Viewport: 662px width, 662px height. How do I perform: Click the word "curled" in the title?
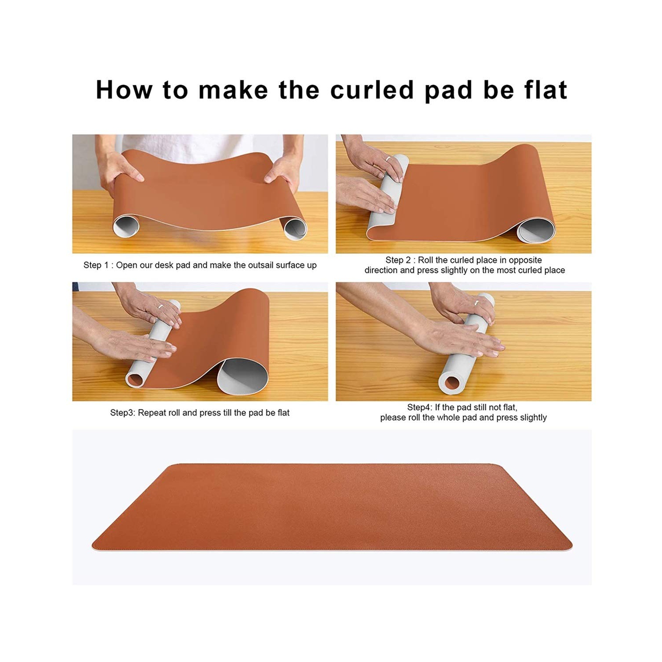pyautogui.click(x=372, y=90)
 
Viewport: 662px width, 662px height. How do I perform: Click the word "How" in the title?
pyautogui.click(x=124, y=90)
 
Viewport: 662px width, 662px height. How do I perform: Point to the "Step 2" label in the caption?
pyautogui.click(x=398, y=260)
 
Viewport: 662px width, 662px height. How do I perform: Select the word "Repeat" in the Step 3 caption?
pyautogui.click(x=152, y=413)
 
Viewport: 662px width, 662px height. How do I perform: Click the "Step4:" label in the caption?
pyautogui.click(x=420, y=407)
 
